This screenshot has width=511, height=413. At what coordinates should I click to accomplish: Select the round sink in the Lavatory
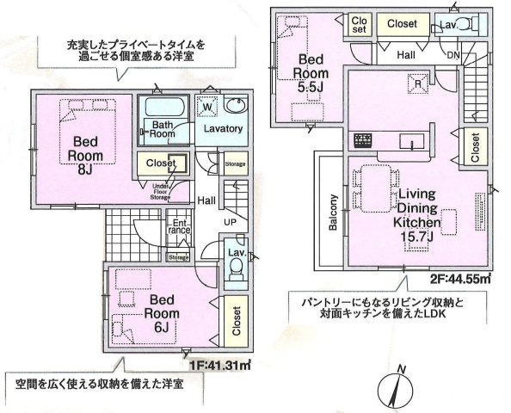pyautogui.click(x=237, y=107)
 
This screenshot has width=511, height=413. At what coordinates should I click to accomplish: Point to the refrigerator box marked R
pyautogui.click(x=417, y=84)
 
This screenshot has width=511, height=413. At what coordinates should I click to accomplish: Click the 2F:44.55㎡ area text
pyautogui.click(x=459, y=278)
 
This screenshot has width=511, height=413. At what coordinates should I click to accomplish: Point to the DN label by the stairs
pyautogui.click(x=453, y=55)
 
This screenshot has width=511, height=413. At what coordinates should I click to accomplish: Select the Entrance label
pyautogui.click(x=178, y=226)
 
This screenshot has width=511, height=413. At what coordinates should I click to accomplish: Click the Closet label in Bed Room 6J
pyautogui.click(x=236, y=321)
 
